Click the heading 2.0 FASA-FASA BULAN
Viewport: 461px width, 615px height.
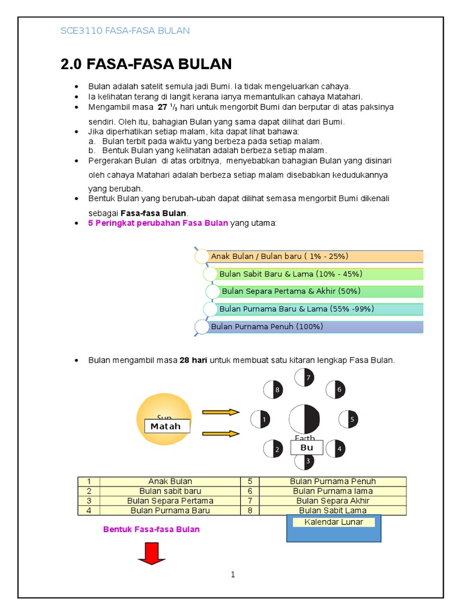tap(146, 64)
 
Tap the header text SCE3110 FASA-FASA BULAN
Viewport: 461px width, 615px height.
tap(125, 31)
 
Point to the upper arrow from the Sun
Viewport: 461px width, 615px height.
tap(221, 412)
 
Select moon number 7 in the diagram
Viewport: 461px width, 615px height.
tap(304, 377)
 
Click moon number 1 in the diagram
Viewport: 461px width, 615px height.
tap(260, 419)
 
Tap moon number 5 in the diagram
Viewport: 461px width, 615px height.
tap(349, 419)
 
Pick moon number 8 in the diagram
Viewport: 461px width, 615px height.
tap(273, 390)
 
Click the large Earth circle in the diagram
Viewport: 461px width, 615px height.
tap(304, 419)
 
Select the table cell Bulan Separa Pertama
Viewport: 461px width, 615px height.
tap(170, 500)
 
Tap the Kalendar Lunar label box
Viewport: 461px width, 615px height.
tap(334, 522)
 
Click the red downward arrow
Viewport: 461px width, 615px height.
tap(152, 553)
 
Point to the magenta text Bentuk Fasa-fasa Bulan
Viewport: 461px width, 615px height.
tap(151, 529)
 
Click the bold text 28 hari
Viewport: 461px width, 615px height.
tap(193, 360)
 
